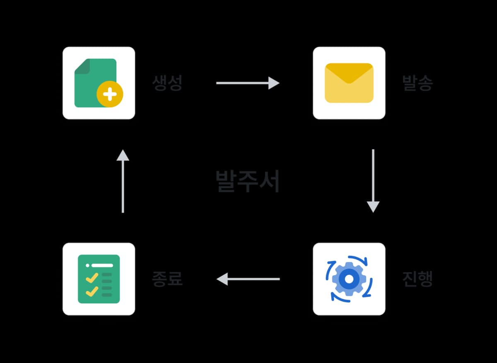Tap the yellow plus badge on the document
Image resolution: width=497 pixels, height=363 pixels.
coord(110,94)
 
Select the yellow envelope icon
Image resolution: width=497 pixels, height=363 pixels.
coord(349,83)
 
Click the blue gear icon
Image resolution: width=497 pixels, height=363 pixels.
coord(349,279)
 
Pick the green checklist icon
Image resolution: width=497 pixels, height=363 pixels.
coord(99,279)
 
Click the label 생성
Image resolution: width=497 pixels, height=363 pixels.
coord(167,83)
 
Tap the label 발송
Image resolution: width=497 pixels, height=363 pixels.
coord(417,83)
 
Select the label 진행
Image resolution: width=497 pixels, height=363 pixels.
coord(417,279)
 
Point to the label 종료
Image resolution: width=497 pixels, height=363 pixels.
coord(167,279)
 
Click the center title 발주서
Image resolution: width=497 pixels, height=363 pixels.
coord(248,181)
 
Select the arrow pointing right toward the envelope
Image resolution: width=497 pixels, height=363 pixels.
coord(248,83)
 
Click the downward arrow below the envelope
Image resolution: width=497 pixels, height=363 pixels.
coord(373,181)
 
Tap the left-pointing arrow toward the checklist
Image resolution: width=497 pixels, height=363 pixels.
coord(248,279)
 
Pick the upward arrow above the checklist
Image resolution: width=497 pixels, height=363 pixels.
coord(123,181)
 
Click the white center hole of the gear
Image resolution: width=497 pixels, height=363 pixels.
coord(349,279)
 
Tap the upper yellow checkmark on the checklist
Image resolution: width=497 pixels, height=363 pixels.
coord(92,277)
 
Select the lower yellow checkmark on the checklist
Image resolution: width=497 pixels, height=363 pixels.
coord(92,291)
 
